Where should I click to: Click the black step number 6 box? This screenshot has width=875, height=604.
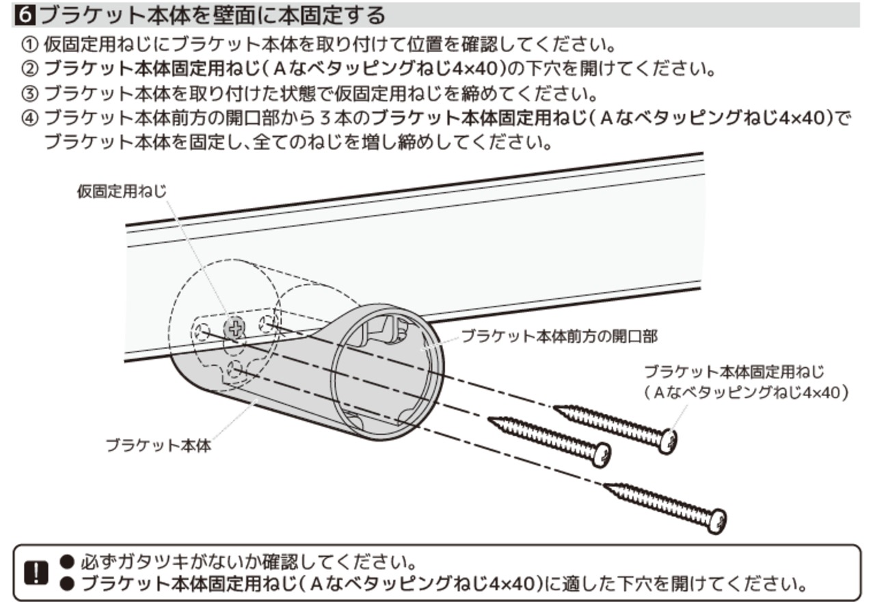point(25,14)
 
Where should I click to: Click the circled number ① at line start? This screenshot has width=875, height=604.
point(31,47)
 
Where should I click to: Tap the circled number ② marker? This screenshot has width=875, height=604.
point(31,70)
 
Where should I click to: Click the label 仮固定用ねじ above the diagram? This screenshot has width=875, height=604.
point(121,191)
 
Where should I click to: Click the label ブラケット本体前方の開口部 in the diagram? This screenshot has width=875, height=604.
point(559,337)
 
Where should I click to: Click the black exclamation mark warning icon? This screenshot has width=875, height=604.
point(33,573)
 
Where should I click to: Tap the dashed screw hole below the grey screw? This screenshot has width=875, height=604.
point(234,371)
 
